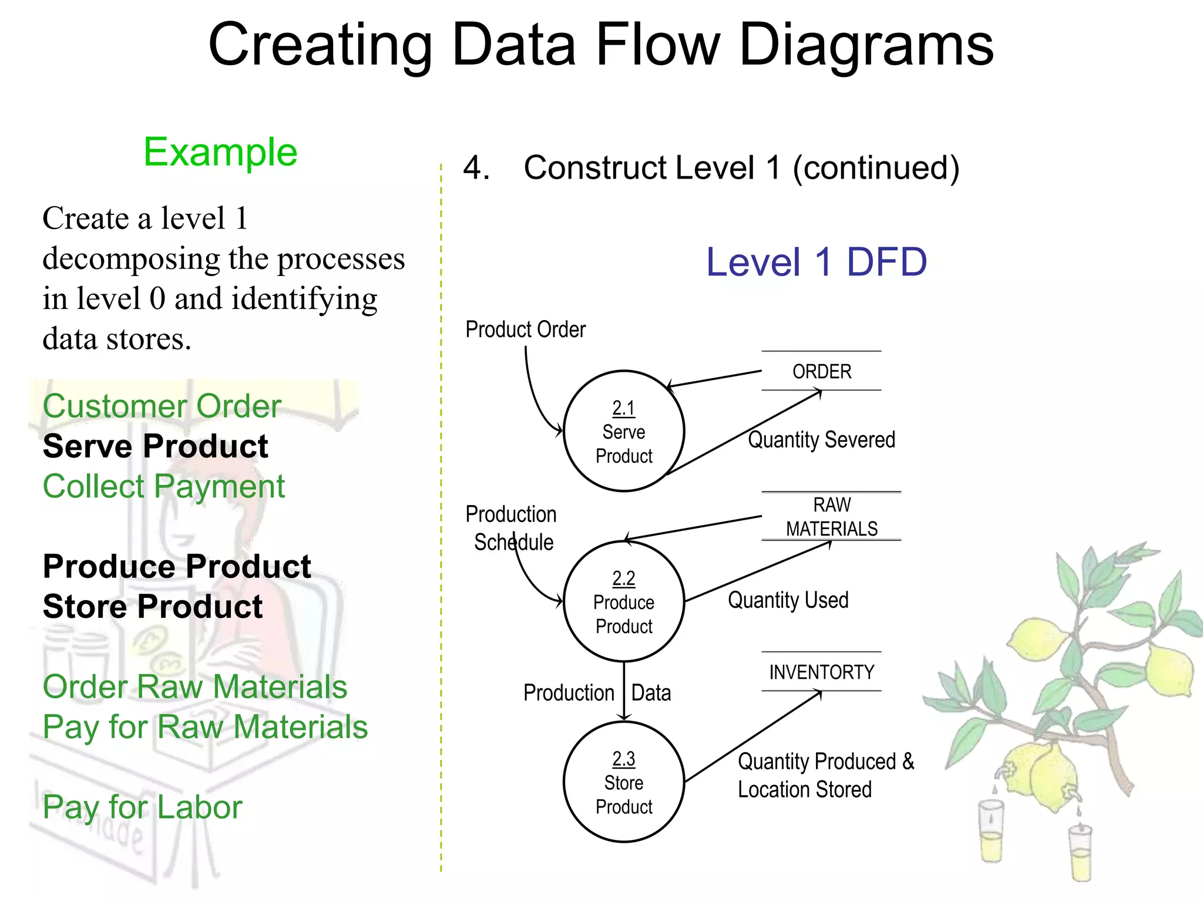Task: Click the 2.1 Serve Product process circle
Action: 623,431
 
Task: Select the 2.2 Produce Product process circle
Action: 623,601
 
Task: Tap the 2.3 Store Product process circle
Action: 623,782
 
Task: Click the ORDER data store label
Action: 821,371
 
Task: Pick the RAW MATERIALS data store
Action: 831,517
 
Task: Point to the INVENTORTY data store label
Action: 821,672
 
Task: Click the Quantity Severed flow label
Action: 821,439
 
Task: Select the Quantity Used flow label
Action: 788,600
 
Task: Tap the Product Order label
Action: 525,329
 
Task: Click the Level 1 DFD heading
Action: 816,262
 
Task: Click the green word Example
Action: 220,152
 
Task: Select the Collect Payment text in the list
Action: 163,486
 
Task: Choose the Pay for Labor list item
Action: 142,807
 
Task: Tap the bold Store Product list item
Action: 153,607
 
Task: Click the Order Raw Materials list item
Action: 194,686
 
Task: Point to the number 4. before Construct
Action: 476,168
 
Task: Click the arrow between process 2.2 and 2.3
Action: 624,691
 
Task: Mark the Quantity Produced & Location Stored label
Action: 825,775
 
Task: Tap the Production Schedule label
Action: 510,528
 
